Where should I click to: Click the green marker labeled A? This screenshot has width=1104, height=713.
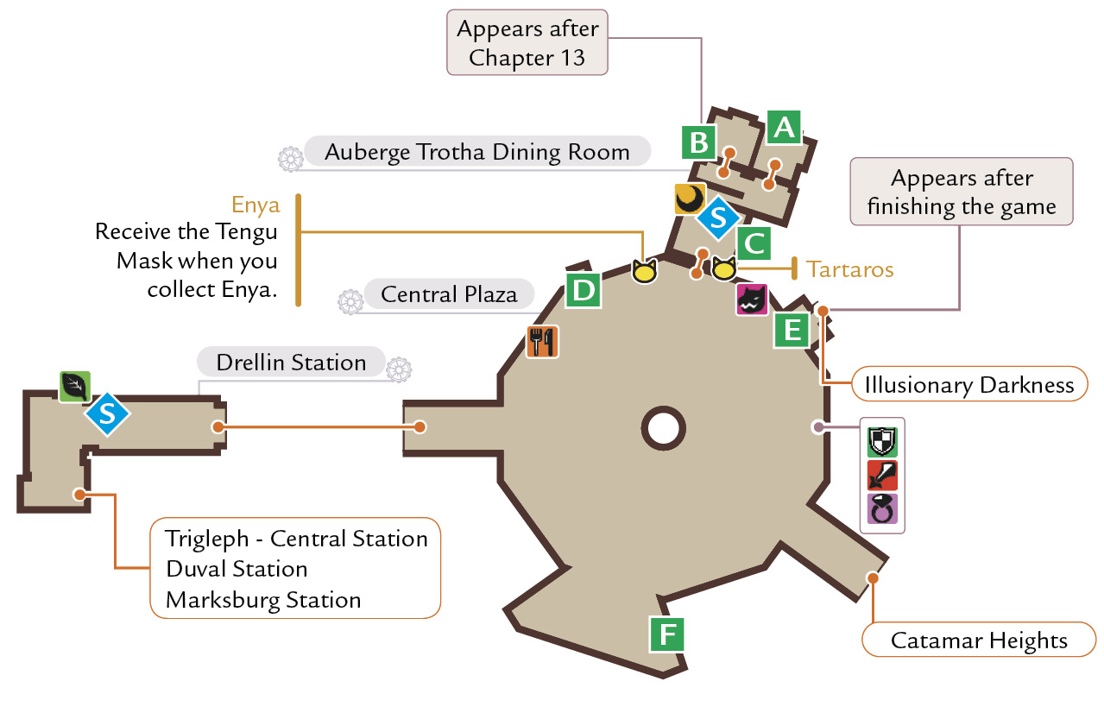point(784,128)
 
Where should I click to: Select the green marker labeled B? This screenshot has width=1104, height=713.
point(699,142)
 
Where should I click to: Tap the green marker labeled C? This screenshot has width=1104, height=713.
point(754,243)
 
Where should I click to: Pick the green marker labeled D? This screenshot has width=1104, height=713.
point(584,290)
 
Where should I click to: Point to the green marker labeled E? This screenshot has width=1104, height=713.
point(792,330)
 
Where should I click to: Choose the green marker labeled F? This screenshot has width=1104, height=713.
point(667,634)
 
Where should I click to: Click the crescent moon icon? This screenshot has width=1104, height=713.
point(690,199)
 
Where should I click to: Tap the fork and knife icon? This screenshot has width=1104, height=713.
point(543,342)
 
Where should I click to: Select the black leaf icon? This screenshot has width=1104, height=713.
point(75,387)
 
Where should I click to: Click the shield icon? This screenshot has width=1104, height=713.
point(882,441)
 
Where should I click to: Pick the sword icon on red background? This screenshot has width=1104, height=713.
point(882,475)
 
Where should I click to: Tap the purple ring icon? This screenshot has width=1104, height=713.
point(882,508)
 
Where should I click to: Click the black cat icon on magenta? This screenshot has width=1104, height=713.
point(752,299)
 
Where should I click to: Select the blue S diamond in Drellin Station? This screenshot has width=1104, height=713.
point(107,414)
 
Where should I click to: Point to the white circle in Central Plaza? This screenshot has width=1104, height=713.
point(664,428)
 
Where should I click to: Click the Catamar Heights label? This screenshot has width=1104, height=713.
point(979,640)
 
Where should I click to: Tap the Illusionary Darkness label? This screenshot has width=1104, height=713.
point(969,384)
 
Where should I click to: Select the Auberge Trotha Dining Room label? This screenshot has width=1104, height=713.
point(477,152)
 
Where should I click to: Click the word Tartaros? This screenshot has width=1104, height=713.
point(849,269)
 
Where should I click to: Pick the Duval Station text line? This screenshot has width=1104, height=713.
point(237,569)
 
